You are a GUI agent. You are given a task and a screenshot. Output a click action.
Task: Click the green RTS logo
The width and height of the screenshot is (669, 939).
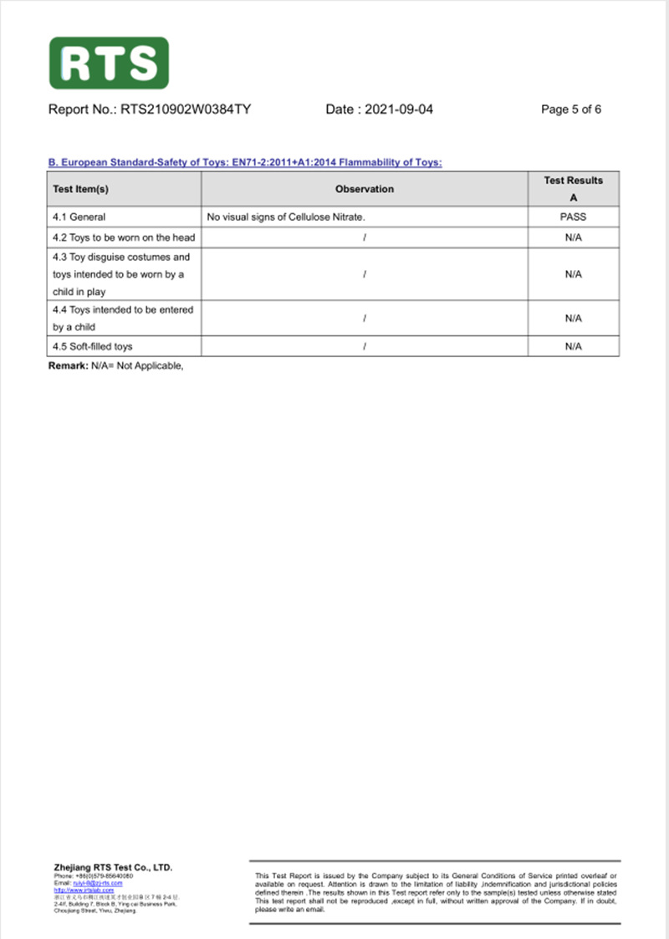109,63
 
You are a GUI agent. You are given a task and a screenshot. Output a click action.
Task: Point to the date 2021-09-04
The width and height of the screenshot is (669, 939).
379,110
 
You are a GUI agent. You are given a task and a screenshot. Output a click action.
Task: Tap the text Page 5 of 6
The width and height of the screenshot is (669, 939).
571,110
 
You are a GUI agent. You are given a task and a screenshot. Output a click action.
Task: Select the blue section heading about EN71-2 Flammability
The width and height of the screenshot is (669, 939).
245,162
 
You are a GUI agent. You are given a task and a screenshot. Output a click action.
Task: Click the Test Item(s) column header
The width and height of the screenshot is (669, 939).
81,190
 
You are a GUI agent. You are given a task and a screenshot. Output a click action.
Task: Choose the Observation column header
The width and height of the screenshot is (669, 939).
364,190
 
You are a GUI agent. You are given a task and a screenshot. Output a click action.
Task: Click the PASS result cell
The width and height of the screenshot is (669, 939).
573,217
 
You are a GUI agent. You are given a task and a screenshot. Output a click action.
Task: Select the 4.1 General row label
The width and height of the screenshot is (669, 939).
79,217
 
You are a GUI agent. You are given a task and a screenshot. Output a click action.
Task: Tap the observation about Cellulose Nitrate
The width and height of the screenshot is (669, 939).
286,217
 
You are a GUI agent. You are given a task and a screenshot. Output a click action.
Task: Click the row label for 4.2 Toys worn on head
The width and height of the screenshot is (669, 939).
124,237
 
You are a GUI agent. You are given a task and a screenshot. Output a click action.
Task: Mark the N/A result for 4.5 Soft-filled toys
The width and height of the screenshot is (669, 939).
573,346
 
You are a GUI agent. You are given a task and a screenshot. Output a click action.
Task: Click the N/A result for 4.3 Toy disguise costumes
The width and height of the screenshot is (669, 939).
573,274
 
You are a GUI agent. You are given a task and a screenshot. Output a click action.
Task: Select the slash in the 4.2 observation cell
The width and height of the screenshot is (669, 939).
364,237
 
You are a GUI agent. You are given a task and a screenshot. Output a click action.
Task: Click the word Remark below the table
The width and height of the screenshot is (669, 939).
68,367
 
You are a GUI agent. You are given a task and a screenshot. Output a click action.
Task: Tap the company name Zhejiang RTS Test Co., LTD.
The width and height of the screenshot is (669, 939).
113,868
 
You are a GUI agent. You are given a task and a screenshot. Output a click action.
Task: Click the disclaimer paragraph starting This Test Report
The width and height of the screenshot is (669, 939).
435,891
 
